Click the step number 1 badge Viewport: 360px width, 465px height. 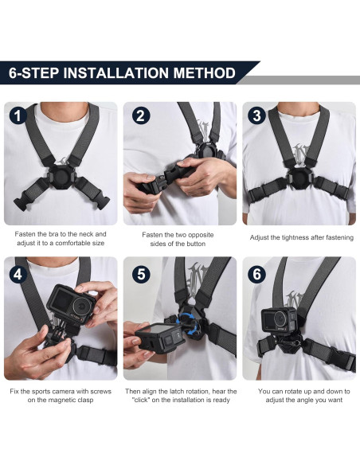pyautogui.click(x=18, y=115)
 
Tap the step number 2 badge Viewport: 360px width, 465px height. pyautogui.click(x=139, y=115)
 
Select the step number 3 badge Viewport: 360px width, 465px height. pyautogui.click(x=257, y=115)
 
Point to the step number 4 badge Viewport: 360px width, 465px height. pyautogui.click(x=18, y=275)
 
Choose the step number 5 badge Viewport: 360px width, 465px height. pyautogui.click(x=139, y=275)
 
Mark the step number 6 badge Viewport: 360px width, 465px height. pyautogui.click(x=257, y=275)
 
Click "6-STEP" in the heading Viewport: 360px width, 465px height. pyautogui.click(x=34, y=73)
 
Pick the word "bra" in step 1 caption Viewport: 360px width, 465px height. pyautogui.click(x=60, y=235)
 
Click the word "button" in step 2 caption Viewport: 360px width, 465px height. pyautogui.click(x=191, y=244)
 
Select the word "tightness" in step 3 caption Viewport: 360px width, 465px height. pyautogui.click(x=297, y=238)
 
